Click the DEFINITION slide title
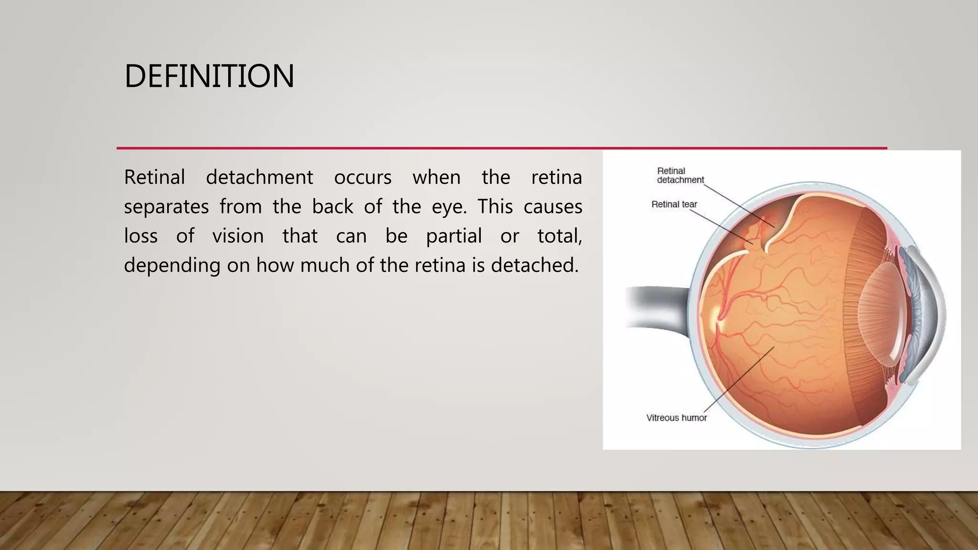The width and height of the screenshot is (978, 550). click(x=209, y=76)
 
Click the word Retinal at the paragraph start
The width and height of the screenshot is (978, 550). click(x=154, y=178)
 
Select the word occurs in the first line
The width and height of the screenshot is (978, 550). click(x=362, y=178)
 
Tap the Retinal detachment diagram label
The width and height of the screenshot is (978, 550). click(x=680, y=175)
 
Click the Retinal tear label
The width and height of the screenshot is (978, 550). click(x=674, y=204)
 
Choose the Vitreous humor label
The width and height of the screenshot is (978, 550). click(x=676, y=418)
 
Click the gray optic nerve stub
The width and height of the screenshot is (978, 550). click(x=654, y=308)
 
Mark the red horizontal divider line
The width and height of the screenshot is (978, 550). click(x=501, y=148)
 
